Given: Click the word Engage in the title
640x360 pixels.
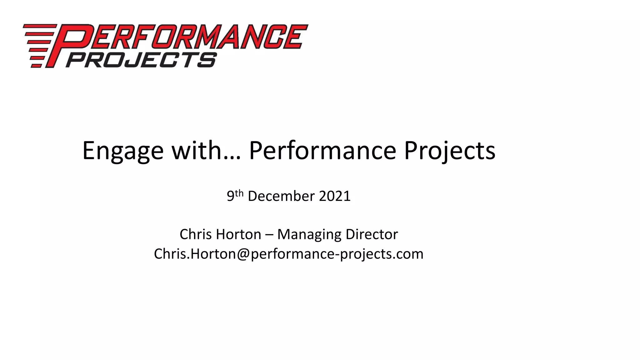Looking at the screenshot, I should point(123,151).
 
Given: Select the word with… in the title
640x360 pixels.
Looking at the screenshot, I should point(206,151).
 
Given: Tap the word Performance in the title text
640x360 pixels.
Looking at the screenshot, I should point(322,151).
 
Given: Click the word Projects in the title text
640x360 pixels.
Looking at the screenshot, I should point(449,151).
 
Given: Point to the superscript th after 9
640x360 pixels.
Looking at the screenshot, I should point(239,193).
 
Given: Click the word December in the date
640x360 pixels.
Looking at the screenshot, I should point(281,196).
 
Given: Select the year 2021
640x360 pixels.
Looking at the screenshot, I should point(335,196).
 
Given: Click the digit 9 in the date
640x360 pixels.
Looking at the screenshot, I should point(230,196).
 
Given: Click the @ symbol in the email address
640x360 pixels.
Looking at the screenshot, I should point(243,254).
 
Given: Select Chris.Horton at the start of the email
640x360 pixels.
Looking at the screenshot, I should point(194,254).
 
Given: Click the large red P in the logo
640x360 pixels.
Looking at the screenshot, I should point(67,44).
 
